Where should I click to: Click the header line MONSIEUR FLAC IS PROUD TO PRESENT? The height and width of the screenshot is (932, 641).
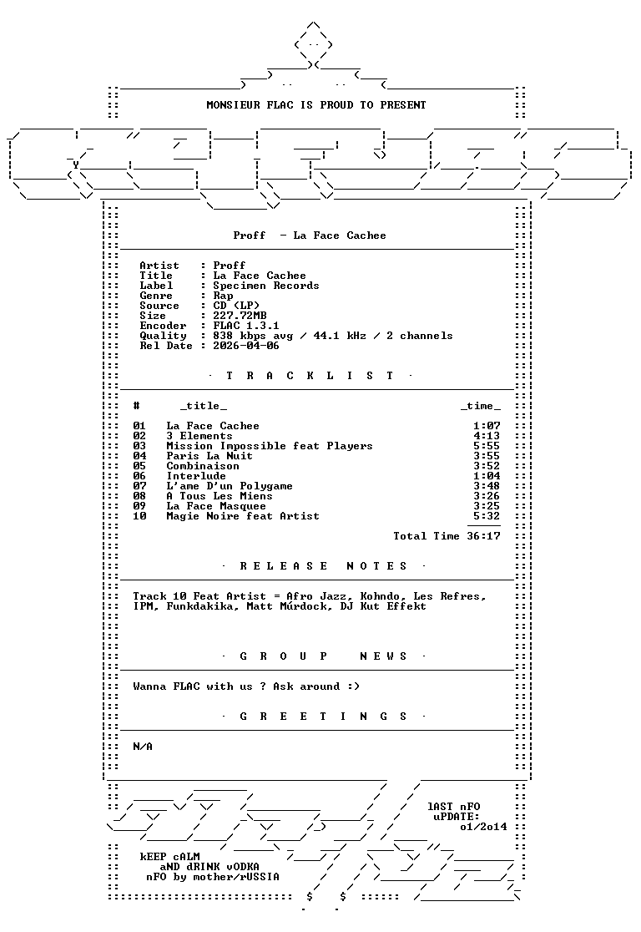click(x=316, y=105)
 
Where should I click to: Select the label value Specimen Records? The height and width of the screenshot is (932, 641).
click(x=266, y=286)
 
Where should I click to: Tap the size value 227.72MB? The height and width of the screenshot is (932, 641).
click(x=240, y=316)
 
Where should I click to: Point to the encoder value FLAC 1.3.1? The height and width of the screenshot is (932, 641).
click(x=246, y=326)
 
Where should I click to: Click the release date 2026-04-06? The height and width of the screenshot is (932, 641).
click(x=246, y=346)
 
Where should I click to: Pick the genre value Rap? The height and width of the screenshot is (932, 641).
click(x=223, y=296)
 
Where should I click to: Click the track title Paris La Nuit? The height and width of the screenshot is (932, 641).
click(x=209, y=456)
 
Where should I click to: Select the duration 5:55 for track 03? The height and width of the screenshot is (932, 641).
click(x=487, y=446)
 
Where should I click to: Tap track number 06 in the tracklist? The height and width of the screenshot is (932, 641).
click(x=139, y=476)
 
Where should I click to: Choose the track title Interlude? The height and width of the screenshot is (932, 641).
click(x=196, y=476)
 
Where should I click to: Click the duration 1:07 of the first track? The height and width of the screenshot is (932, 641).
click(x=487, y=426)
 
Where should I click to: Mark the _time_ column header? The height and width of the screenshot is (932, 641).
click(x=480, y=406)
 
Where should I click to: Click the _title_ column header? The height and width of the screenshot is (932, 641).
click(x=203, y=406)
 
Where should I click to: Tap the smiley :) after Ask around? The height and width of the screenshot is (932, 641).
click(x=354, y=686)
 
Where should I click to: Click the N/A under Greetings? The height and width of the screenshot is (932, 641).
click(x=143, y=747)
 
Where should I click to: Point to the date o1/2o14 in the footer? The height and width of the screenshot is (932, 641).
click(x=483, y=827)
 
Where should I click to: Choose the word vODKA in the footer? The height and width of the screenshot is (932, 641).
click(x=242, y=867)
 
